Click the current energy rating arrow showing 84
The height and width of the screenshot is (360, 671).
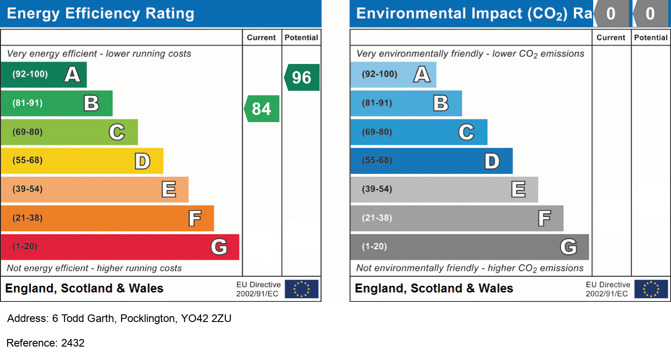tap(262, 109)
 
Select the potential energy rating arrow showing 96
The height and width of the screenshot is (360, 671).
tap(302, 77)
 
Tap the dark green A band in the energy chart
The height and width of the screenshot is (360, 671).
tap(43, 74)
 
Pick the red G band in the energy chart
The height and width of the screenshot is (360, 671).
tap(120, 247)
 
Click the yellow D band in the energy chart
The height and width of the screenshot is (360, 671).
tap(82, 161)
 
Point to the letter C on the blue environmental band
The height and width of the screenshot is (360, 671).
tap(466, 132)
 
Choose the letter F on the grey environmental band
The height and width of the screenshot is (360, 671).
tap(544, 218)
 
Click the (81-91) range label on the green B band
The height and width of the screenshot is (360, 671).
tap(28, 103)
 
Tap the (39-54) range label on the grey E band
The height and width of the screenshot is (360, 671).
tap(377, 189)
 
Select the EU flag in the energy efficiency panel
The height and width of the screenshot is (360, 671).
tap(302, 289)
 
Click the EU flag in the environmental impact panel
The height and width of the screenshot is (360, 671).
tap(651, 289)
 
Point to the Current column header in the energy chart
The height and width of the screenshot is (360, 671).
tap(262, 38)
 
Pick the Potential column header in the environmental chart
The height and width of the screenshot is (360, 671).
tap(651, 38)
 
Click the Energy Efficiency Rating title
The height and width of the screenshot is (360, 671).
tap(101, 13)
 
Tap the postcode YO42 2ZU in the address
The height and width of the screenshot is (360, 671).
tap(206, 319)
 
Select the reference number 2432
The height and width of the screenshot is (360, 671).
tap(72, 343)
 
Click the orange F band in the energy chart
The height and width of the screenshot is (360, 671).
tap(107, 218)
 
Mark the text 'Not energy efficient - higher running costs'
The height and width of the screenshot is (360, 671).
tap(94, 268)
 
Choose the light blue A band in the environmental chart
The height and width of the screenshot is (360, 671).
tap(393, 74)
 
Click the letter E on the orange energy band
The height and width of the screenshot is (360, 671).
tap(169, 190)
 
